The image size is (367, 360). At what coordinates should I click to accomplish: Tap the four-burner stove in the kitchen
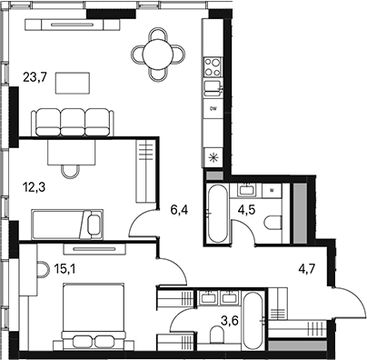tap(213, 65)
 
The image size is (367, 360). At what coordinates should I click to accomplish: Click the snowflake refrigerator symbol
tap(213, 156)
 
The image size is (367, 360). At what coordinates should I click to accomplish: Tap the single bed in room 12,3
tap(68, 223)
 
